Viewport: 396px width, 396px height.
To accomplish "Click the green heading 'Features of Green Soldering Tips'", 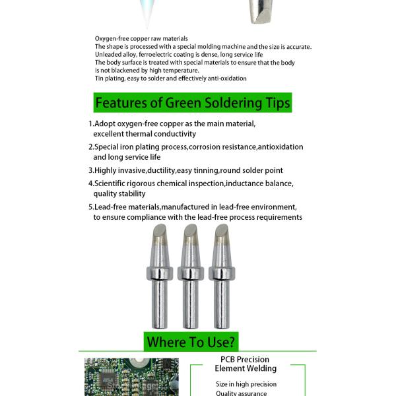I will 192,103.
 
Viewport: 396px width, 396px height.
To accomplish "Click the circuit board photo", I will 131,377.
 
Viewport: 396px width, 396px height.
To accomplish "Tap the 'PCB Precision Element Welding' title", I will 246,364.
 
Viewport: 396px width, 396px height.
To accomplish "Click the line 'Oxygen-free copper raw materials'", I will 141,39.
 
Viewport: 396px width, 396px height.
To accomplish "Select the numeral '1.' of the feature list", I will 91,123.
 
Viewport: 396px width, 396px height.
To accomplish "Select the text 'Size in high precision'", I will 246,384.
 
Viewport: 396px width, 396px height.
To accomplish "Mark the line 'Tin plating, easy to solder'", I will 170,79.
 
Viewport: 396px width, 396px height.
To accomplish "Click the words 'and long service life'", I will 127,157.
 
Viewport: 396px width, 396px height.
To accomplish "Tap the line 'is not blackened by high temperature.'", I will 147,71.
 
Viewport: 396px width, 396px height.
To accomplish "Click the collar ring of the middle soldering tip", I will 189,273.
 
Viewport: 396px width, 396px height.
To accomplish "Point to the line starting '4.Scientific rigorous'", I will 191,183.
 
